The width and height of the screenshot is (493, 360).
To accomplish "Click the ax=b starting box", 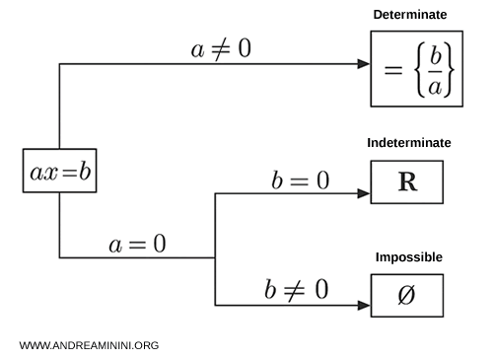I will [60, 173].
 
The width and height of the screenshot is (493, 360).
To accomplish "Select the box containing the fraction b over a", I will [416, 67].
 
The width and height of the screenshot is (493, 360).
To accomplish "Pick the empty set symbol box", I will [406, 296].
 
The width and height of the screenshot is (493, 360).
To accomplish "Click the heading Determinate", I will [409, 15].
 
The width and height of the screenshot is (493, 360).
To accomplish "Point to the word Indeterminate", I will [408, 143].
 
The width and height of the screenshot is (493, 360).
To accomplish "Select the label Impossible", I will [408, 257].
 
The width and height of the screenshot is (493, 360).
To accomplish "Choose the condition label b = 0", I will [300, 180].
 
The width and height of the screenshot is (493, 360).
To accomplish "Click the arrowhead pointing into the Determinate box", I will [364, 64].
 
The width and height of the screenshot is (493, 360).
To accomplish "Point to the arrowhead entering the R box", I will [364, 193].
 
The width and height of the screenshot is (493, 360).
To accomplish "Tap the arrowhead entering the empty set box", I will [364, 305].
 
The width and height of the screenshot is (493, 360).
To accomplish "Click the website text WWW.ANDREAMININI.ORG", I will [89, 346].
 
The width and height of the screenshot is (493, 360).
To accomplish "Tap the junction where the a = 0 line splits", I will [215, 258].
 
